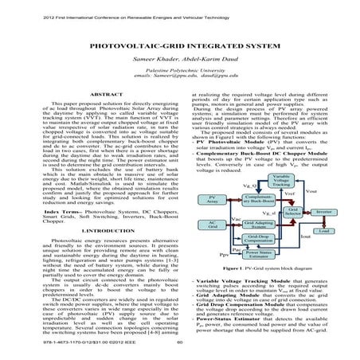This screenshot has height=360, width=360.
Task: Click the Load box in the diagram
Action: pos(323,230)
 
